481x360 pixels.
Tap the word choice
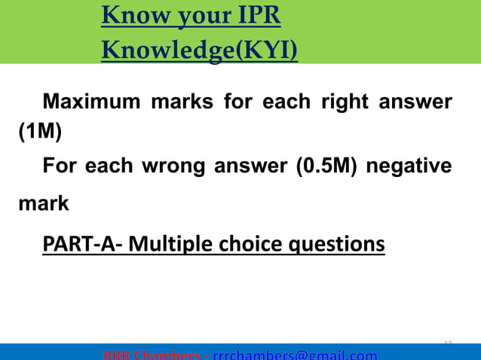point(254,245)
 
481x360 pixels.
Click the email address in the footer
point(295,355)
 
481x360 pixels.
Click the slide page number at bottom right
point(448,343)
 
